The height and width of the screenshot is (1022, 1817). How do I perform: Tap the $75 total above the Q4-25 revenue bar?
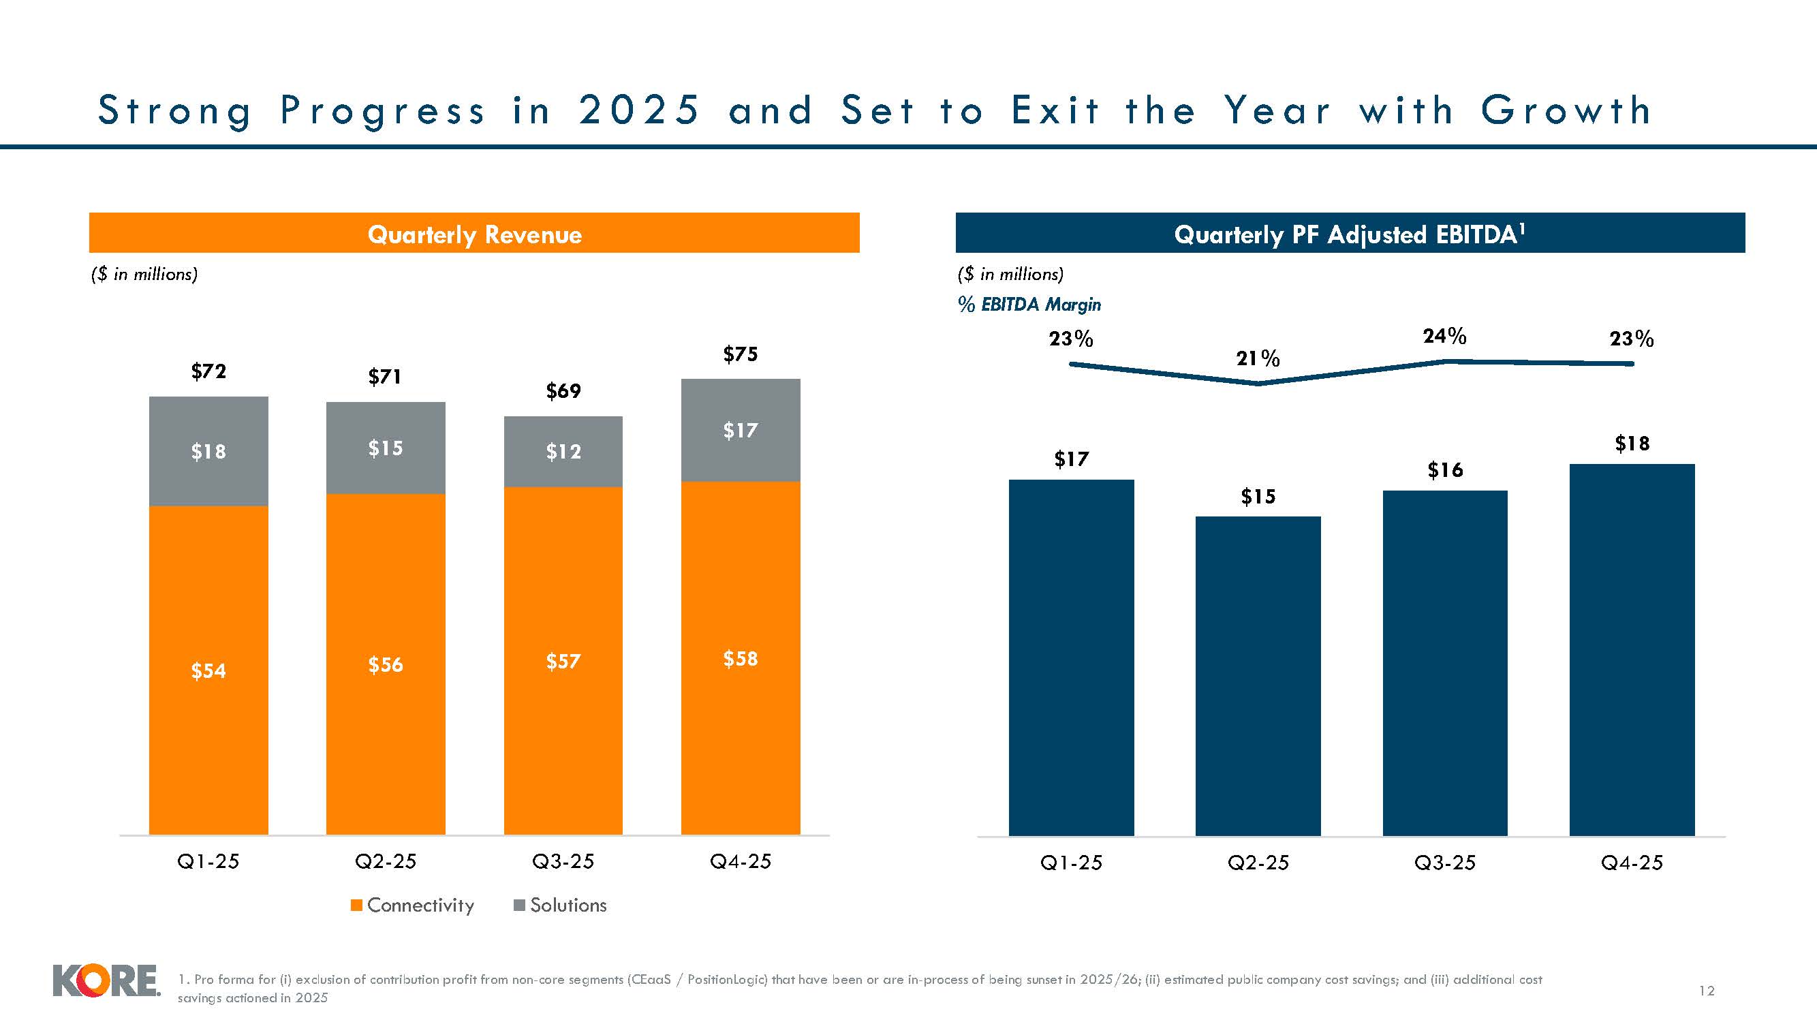point(740,354)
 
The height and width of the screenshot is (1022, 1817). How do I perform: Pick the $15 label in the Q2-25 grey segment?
point(385,448)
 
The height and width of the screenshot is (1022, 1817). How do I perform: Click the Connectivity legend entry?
point(413,905)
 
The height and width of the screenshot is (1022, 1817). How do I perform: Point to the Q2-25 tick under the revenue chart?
point(385,861)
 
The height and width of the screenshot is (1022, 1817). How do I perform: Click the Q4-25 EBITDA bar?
point(1632,649)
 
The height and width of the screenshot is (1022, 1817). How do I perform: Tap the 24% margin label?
point(1444,336)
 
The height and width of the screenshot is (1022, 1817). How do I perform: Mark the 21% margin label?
point(1258,359)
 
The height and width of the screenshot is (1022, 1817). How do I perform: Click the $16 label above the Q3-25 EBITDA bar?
point(1444,469)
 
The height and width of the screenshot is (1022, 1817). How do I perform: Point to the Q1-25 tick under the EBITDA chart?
point(1071,863)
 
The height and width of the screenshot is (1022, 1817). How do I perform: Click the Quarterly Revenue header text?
point(474,234)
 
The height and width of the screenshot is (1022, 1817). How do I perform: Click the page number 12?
point(1706,991)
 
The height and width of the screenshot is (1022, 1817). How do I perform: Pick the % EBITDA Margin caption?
point(1029,305)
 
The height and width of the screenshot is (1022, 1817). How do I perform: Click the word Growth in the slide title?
point(1565,111)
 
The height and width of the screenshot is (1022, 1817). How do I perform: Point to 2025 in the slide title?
point(639,111)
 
